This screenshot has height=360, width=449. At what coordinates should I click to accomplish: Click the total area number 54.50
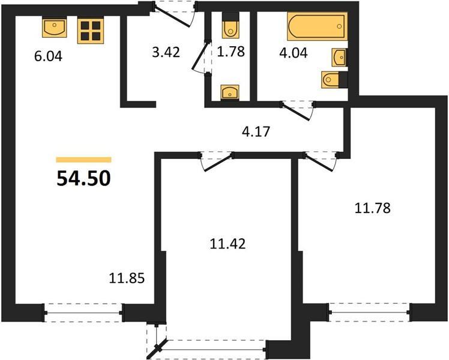pyautogui.click(x=83, y=178)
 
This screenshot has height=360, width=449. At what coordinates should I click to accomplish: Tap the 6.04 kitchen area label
pyautogui.click(x=48, y=56)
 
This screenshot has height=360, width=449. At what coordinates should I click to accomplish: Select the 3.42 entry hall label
pyautogui.click(x=166, y=52)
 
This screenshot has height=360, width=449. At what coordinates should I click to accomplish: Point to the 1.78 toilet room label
pyautogui.click(x=231, y=52)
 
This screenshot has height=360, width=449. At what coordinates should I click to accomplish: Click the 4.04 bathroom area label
pyautogui.click(x=294, y=53)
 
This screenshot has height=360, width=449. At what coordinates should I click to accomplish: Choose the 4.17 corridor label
pyautogui.click(x=256, y=131)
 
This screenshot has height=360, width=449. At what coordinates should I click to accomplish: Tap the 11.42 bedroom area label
pyautogui.click(x=228, y=244)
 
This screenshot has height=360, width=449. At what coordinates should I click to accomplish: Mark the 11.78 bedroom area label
pyautogui.click(x=372, y=208)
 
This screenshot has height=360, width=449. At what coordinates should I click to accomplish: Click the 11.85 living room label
pyautogui.click(x=127, y=278)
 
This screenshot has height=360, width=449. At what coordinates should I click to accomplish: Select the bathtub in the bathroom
pyautogui.click(x=318, y=26)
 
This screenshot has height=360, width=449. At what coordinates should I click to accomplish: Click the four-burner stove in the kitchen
pyautogui.click(x=90, y=31)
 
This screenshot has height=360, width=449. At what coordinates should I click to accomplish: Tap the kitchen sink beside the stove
pyautogui.click(x=55, y=28)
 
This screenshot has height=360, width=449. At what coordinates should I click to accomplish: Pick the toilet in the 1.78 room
pyautogui.click(x=231, y=26)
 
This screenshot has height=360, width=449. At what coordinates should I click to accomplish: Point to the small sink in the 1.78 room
pyautogui.click(x=230, y=92)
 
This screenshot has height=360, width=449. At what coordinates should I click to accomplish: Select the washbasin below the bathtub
pyautogui.click(x=339, y=57)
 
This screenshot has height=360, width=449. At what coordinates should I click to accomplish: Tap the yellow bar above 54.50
pyautogui.click(x=83, y=160)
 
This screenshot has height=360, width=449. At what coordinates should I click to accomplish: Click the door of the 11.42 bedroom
pyautogui.click(x=217, y=162)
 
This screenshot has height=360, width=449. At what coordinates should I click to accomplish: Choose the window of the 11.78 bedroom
pyautogui.click(x=369, y=312)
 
